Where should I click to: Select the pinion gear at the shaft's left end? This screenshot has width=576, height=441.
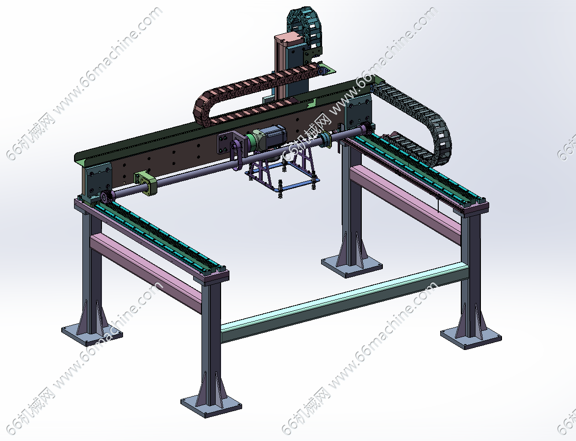click(105, 197)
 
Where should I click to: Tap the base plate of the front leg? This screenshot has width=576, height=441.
click(211, 405)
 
